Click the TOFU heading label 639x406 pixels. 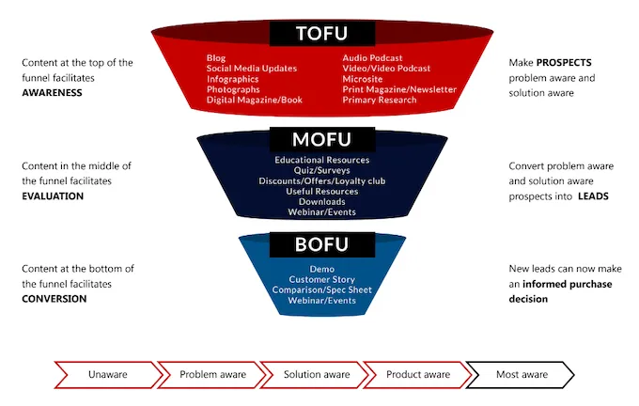pyautogui.click(x=322, y=34)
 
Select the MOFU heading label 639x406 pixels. pyautogui.click(x=322, y=140)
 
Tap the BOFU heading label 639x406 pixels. pyautogui.click(x=322, y=246)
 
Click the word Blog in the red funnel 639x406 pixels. pyautogui.click(x=216, y=58)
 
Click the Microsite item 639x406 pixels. pyautogui.click(x=363, y=79)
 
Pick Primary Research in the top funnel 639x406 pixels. pyautogui.click(x=379, y=100)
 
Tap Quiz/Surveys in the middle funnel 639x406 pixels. pyautogui.click(x=322, y=170)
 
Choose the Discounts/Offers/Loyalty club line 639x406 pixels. pyautogui.click(x=322, y=180)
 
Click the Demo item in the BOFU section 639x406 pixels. pyautogui.click(x=322, y=270)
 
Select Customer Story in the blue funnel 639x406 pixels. pyautogui.click(x=322, y=280)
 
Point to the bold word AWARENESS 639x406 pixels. pyautogui.click(x=52, y=93)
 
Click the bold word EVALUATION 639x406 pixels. pyautogui.click(x=53, y=196)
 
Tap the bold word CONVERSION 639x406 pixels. pyautogui.click(x=54, y=299)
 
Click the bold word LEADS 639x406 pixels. pyautogui.click(x=592, y=196)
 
